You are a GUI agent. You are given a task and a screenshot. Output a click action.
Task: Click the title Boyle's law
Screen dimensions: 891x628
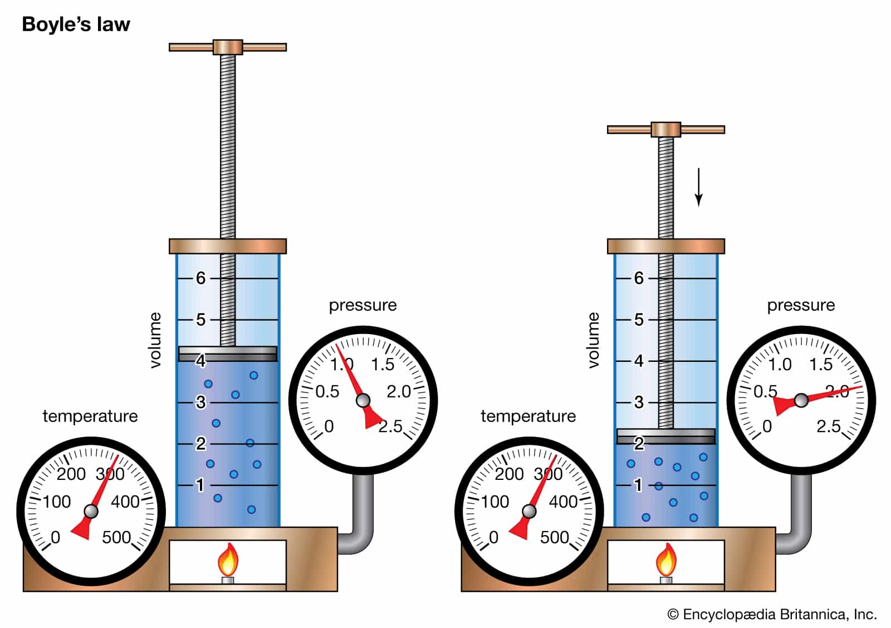[x=76, y=24]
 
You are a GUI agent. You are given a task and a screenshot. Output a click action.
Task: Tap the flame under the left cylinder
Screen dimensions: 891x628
[x=228, y=559]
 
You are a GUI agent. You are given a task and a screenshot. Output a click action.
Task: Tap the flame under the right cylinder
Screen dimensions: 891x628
[x=666, y=559]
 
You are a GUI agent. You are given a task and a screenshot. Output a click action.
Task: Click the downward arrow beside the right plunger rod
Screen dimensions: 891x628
[x=698, y=187]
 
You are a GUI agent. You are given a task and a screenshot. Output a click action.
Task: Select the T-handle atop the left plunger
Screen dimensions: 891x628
[x=228, y=47]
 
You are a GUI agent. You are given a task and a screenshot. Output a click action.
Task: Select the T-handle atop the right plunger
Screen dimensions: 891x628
[x=666, y=130]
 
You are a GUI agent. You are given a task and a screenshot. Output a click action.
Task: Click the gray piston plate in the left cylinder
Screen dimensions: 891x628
[x=228, y=354]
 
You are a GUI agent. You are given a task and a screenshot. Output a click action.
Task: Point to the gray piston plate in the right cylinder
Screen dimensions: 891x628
[x=666, y=436]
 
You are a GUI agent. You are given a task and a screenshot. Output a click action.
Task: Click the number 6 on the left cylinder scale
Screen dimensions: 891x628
[x=201, y=278]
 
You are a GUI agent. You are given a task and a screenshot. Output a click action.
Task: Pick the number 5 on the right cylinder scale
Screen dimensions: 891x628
[x=639, y=320]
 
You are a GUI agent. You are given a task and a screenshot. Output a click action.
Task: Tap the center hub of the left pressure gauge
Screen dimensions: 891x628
[x=363, y=400]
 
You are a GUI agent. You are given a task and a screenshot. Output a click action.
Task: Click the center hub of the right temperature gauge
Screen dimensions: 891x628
[x=529, y=511]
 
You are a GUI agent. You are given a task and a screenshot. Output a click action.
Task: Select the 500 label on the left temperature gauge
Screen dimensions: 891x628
[x=116, y=537]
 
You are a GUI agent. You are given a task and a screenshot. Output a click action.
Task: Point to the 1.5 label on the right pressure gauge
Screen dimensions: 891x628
[x=821, y=364]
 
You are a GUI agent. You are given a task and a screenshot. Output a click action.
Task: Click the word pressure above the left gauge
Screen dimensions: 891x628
[x=363, y=306]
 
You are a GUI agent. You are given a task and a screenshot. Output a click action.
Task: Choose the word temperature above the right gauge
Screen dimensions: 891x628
[x=528, y=416]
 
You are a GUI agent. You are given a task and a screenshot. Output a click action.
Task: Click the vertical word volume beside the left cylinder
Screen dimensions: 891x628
[x=155, y=340]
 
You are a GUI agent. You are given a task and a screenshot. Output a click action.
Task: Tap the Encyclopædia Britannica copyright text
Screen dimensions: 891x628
[x=772, y=614]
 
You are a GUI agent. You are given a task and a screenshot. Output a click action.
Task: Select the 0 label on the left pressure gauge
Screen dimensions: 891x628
[x=329, y=426]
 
